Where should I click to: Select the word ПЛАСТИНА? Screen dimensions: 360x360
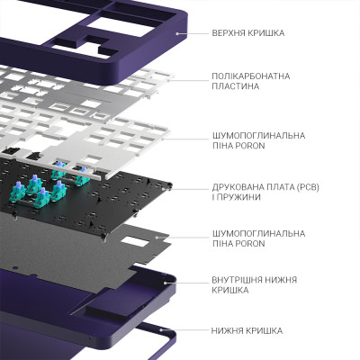(x=235, y=86)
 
